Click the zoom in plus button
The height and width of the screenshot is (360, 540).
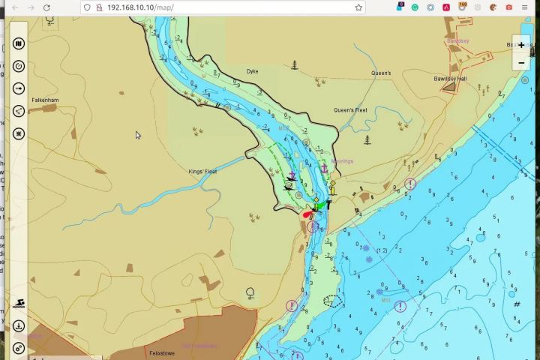point(521,45)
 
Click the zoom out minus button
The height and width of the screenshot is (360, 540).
point(521,62)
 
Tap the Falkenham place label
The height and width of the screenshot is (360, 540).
point(45,100)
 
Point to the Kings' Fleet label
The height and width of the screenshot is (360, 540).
point(202,172)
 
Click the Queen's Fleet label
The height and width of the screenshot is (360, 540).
point(350,110)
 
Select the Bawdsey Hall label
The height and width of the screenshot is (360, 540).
point(450,79)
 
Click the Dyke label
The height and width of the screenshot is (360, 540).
point(253,71)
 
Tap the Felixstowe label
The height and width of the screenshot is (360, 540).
point(162,352)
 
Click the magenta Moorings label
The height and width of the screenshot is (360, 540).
point(342,161)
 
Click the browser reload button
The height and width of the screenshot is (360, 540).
point(47,7)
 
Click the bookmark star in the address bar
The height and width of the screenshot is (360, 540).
point(358,7)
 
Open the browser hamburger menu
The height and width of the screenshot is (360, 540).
point(525,7)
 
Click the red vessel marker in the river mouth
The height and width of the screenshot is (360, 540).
point(307,214)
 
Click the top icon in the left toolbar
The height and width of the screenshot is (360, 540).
point(19,43)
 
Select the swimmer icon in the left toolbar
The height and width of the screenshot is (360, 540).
point(19,303)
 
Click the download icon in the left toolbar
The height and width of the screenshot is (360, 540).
point(19,326)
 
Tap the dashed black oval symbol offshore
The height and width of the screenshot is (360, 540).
point(332,301)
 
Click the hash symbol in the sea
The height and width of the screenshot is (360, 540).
point(517,304)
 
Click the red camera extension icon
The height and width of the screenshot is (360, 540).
point(509,7)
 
